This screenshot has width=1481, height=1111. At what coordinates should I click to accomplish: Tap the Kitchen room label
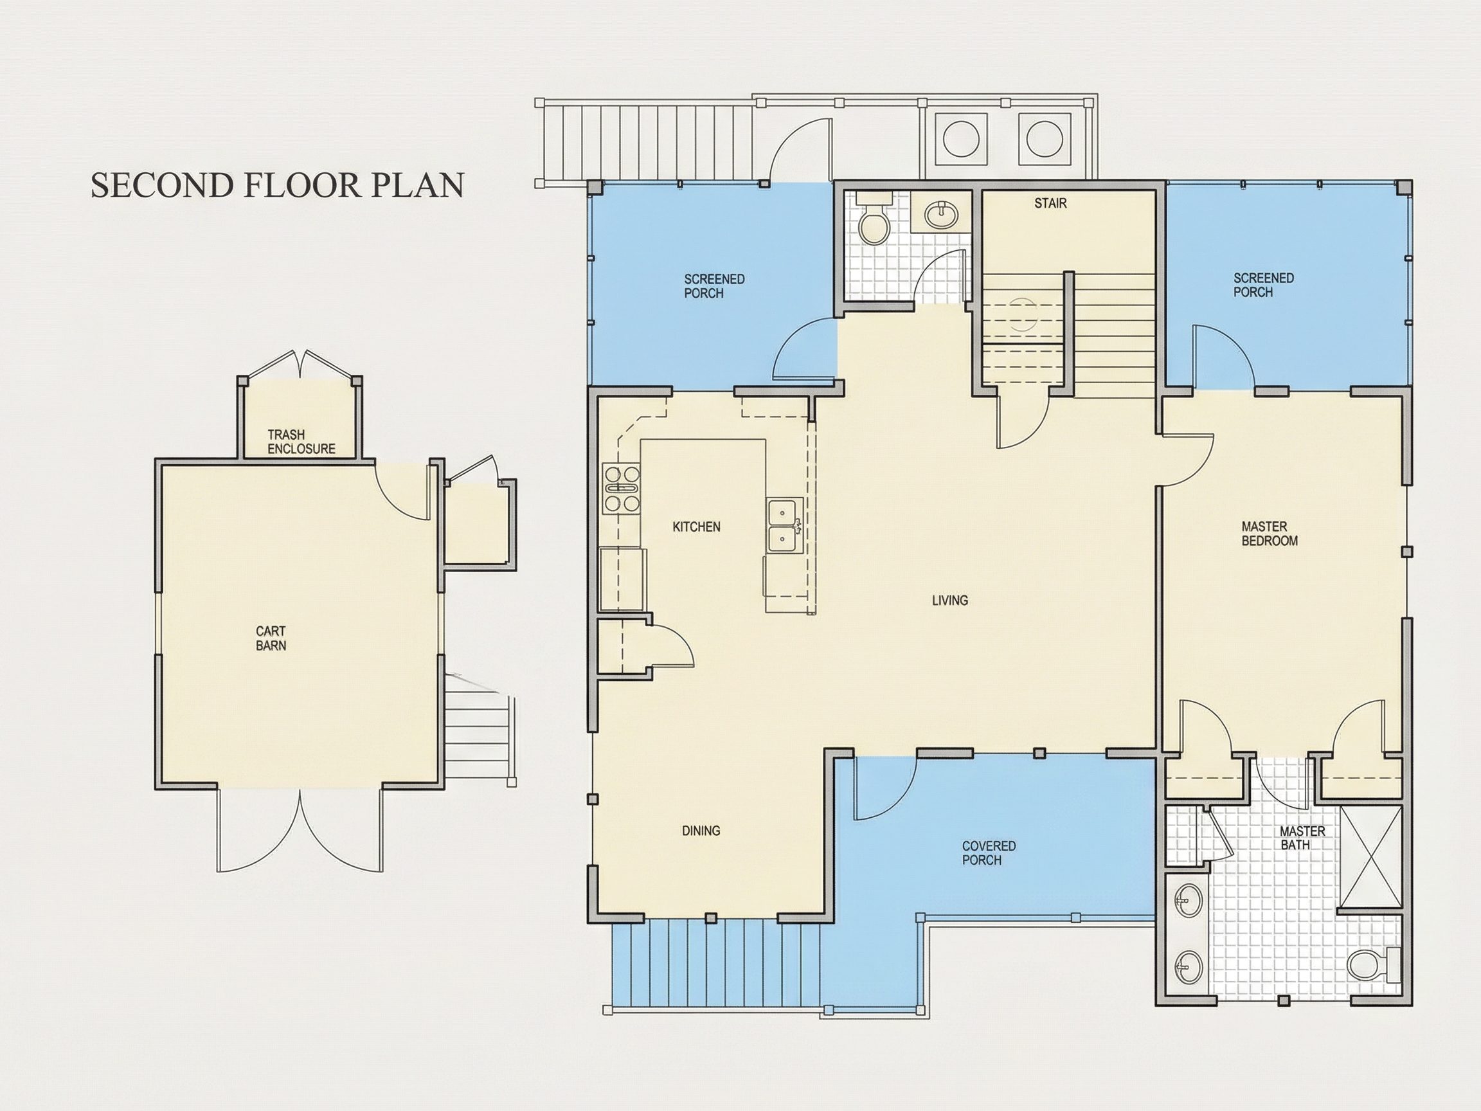[696, 527]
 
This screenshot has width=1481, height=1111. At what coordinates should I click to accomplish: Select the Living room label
[950, 601]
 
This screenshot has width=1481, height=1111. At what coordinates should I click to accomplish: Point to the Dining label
[701, 831]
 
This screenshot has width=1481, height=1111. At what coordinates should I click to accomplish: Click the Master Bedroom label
[1270, 534]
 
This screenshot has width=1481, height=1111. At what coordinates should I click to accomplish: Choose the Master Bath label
[1302, 838]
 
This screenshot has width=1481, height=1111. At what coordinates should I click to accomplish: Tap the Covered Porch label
[989, 853]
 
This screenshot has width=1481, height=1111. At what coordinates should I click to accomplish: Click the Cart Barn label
[271, 638]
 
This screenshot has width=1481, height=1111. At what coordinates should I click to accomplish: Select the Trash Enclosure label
[301, 442]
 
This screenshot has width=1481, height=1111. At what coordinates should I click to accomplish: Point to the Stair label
[1050, 203]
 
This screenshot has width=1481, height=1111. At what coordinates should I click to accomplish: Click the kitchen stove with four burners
[622, 489]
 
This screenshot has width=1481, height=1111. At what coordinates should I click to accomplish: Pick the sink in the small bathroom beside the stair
[941, 213]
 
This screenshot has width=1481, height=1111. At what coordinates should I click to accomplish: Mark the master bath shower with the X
[1371, 857]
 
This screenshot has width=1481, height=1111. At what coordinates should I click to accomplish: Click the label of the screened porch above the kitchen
[714, 286]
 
